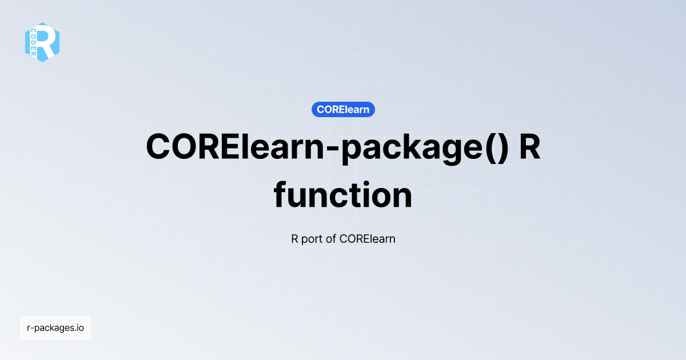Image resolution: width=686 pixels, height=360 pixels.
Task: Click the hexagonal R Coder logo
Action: (x=42, y=42)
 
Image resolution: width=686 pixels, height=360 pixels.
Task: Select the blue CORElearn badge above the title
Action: (x=343, y=109)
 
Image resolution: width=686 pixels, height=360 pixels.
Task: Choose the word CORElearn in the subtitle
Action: (x=367, y=238)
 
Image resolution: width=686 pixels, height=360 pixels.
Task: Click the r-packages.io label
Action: (x=55, y=328)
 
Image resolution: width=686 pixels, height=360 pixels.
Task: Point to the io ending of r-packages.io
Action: (x=81, y=328)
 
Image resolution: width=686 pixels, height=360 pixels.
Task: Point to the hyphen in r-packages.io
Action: (x=31, y=329)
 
